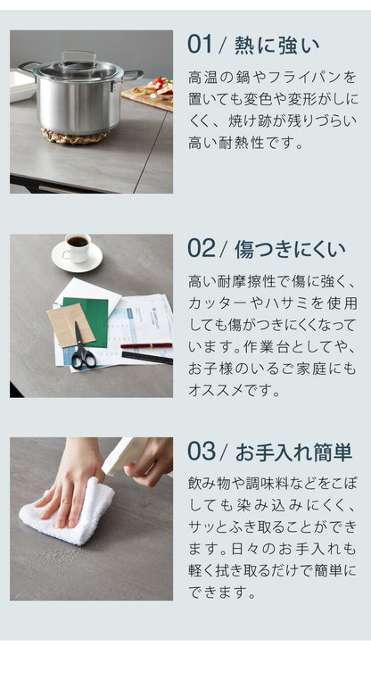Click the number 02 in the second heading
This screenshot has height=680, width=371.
pyautogui.click(x=202, y=249)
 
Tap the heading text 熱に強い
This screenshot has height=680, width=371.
pyautogui.click(x=276, y=46)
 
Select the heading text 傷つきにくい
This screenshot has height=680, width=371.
pyautogui.click(x=290, y=249)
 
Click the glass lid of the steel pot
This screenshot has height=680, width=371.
pyautogui.click(x=78, y=68)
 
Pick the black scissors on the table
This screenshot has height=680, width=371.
pyautogui.click(x=82, y=350)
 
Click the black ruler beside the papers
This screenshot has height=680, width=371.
pyautogui.click(x=147, y=357)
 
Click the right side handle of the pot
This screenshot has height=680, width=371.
pyautogui.click(x=133, y=75)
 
